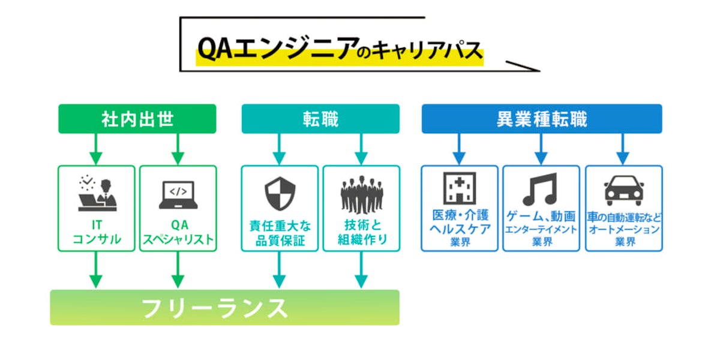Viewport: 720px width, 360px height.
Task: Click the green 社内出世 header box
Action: pos(137,119)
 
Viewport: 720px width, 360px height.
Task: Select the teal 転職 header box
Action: pos(320,119)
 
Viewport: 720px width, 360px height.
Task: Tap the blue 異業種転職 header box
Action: pos(542,119)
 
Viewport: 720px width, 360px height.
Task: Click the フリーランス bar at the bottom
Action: pos(224,308)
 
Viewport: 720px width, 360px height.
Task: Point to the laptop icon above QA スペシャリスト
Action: pos(178,194)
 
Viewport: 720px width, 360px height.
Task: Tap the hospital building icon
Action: pos(459,188)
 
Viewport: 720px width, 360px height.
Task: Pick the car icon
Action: pos(623,190)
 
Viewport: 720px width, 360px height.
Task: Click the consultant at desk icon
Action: pos(97,193)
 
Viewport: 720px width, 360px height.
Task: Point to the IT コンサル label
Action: pos(97,233)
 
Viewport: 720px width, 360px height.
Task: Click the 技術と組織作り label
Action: pos(361,233)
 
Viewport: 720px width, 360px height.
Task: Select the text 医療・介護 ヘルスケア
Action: pos(459,222)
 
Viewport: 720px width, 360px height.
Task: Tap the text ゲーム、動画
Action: pos(541,217)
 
